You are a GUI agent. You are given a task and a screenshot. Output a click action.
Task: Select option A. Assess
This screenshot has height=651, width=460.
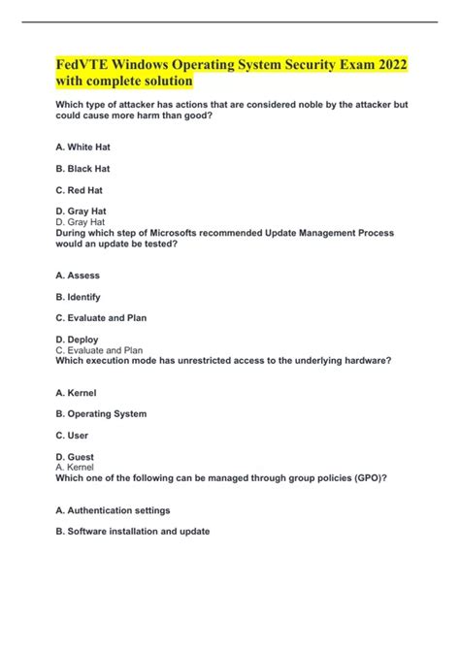pyautogui.click(x=78, y=276)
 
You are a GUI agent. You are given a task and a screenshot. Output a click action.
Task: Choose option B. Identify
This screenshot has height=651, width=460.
pyautogui.click(x=79, y=297)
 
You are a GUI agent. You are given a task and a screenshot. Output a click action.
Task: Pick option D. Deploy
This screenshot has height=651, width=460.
pyautogui.click(x=78, y=340)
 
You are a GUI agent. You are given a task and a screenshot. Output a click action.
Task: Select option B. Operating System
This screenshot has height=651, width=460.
pyautogui.click(x=102, y=414)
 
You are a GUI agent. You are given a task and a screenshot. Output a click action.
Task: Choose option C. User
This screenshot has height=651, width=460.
pyautogui.click(x=73, y=436)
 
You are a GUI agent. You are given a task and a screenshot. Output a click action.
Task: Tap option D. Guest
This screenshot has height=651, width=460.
pyautogui.click(x=75, y=456)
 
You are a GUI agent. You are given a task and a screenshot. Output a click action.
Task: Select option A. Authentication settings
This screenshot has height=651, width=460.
pyautogui.click(x=114, y=510)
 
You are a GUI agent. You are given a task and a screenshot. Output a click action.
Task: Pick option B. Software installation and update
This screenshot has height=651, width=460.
pyautogui.click(x=133, y=532)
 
